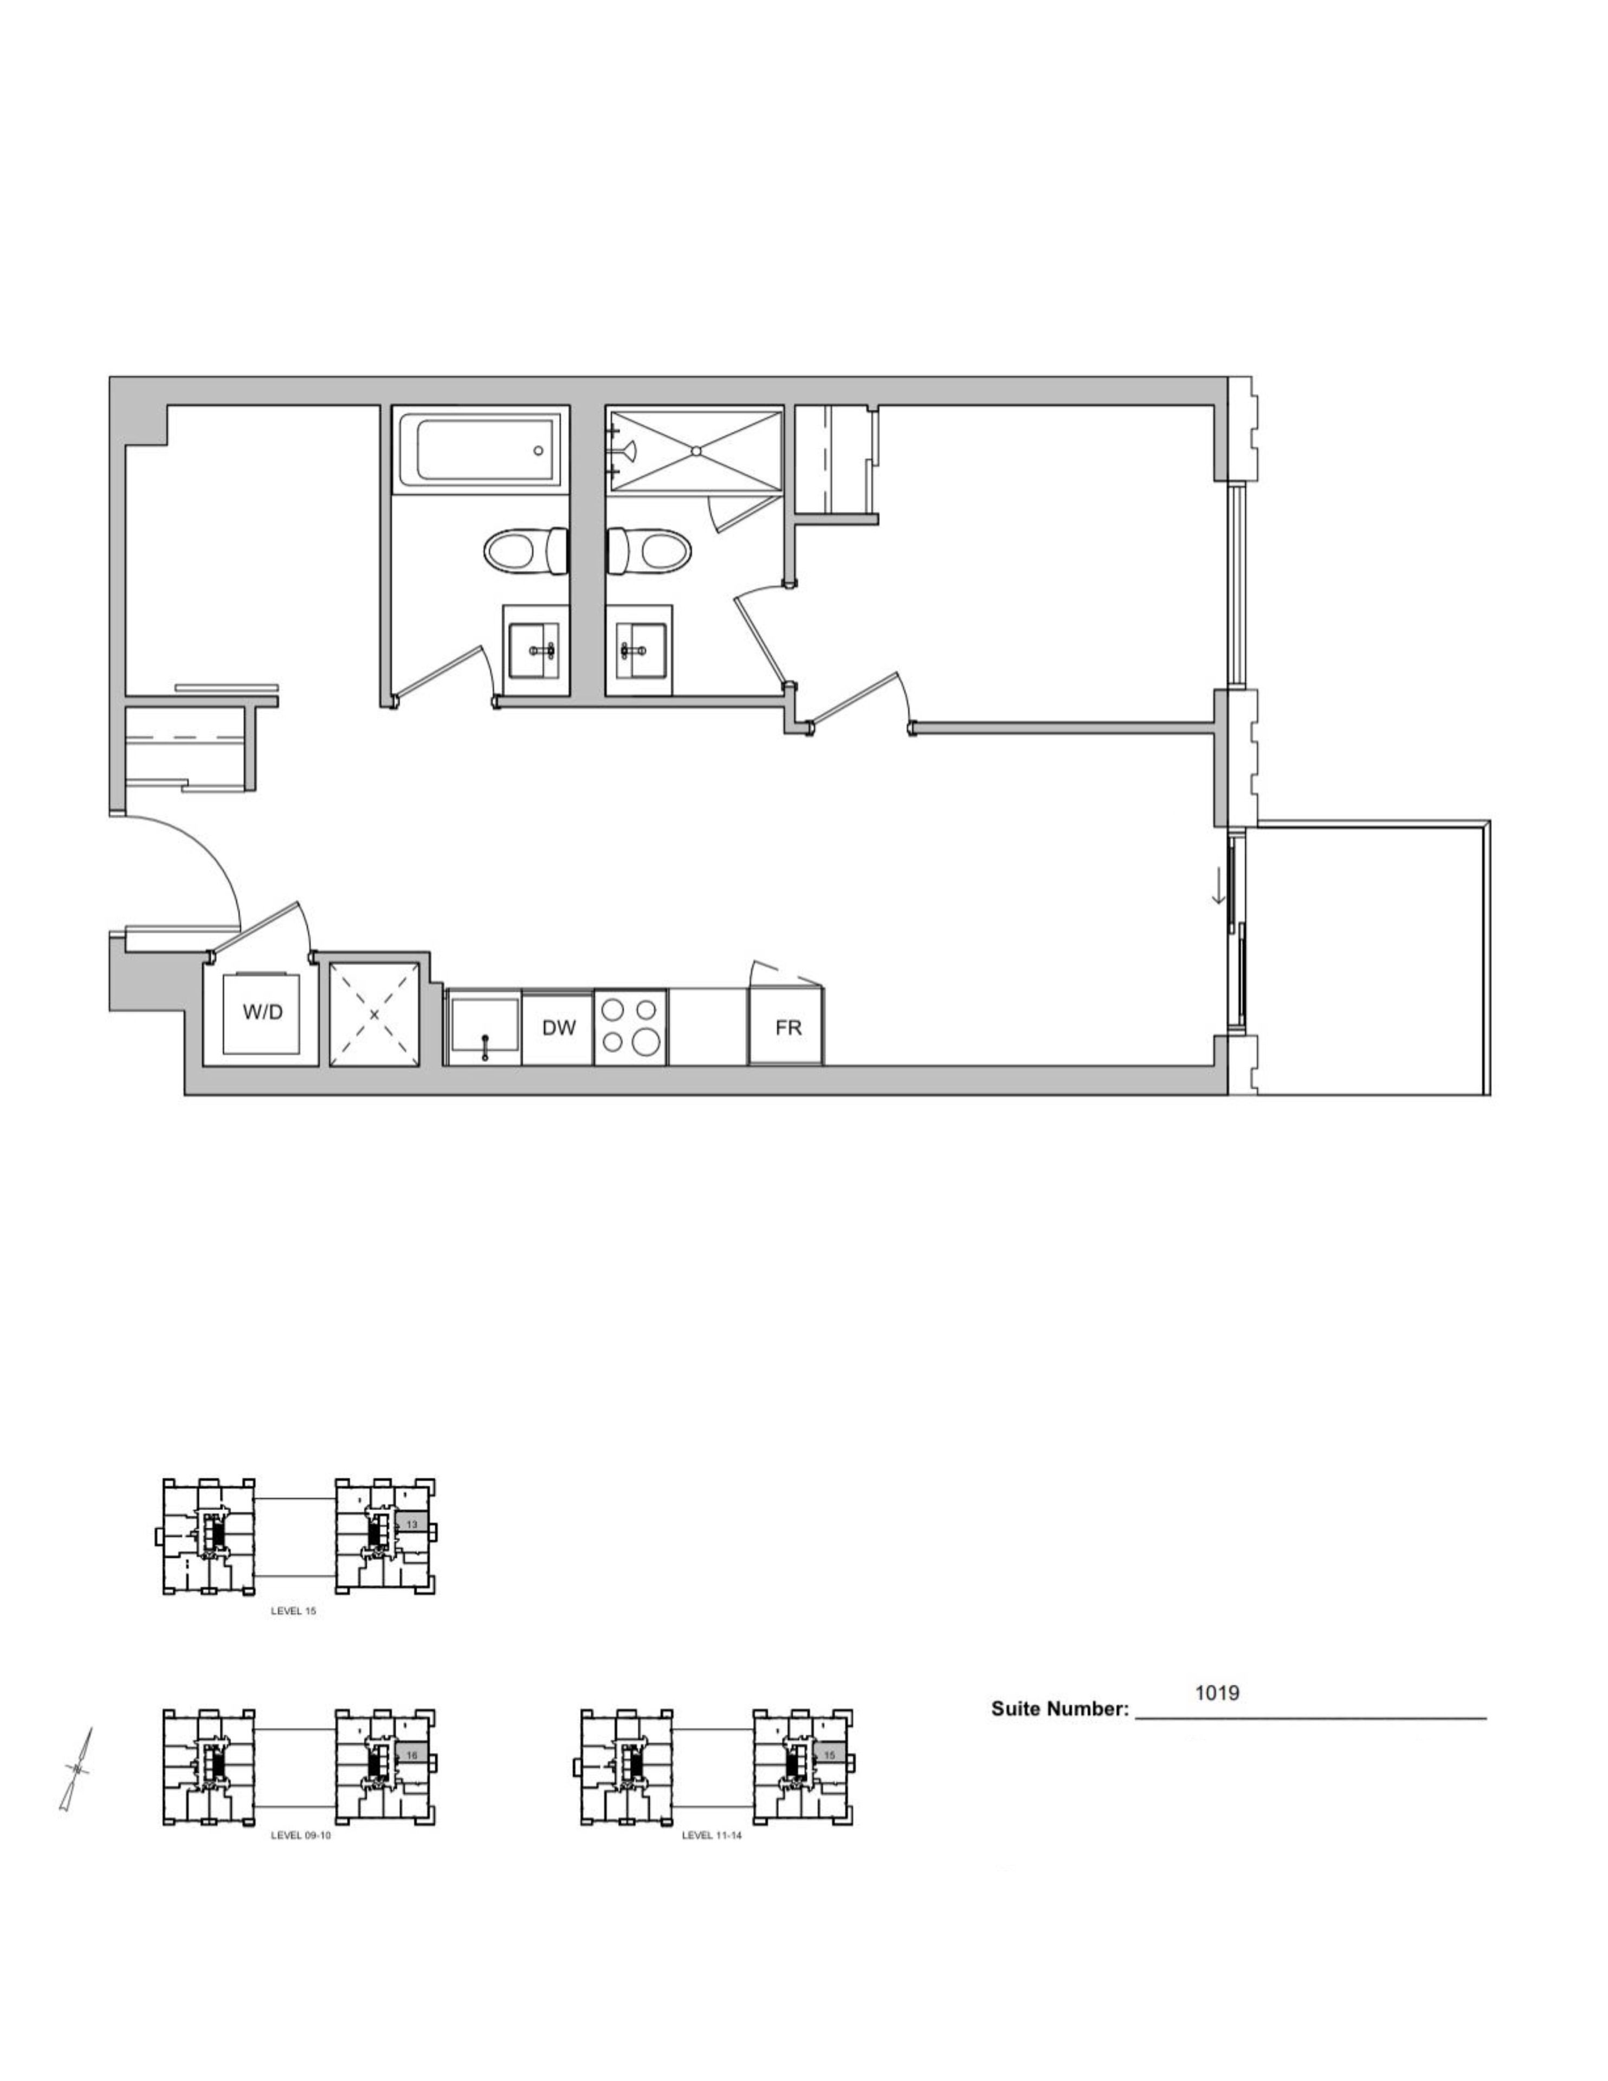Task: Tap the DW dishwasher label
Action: [559, 1027]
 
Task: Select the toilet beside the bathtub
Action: [526, 551]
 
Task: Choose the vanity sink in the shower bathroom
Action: [638, 650]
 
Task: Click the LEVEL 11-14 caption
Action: [711, 1835]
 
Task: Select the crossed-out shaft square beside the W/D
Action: [373, 1014]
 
